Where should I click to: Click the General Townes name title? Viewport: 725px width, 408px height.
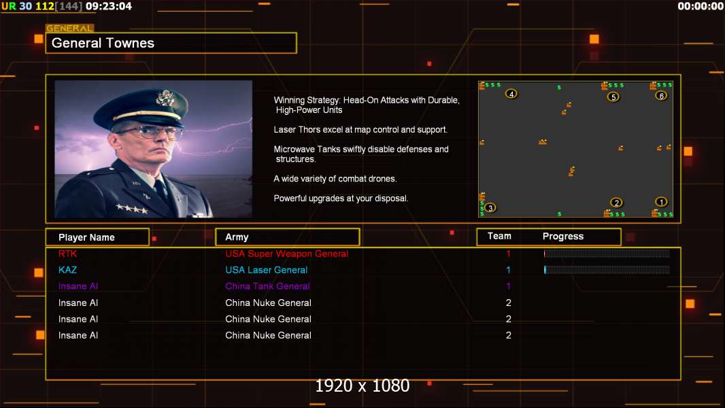click(x=103, y=43)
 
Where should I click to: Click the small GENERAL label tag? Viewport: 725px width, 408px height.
click(x=69, y=29)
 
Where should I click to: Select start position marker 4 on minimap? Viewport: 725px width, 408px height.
click(x=511, y=94)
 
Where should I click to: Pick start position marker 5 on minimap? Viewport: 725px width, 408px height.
click(x=613, y=97)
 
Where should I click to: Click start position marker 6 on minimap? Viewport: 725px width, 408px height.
click(x=661, y=95)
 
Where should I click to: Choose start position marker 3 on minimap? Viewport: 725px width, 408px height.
click(x=490, y=207)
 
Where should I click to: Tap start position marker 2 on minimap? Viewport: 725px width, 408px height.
click(x=616, y=202)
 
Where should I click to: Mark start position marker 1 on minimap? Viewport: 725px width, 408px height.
click(x=661, y=201)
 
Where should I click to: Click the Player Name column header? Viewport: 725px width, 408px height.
click(x=86, y=237)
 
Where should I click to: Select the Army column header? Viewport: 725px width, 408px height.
click(x=237, y=237)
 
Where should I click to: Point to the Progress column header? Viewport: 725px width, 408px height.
click(x=562, y=237)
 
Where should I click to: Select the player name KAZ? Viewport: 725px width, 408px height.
click(x=68, y=270)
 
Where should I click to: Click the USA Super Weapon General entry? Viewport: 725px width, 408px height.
click(x=286, y=254)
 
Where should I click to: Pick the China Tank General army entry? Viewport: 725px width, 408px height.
click(x=267, y=286)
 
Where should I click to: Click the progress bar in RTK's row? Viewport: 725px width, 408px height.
click(x=607, y=254)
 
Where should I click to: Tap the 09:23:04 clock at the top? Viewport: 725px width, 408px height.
click(x=109, y=6)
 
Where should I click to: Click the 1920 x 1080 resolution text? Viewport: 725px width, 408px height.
click(x=362, y=386)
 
